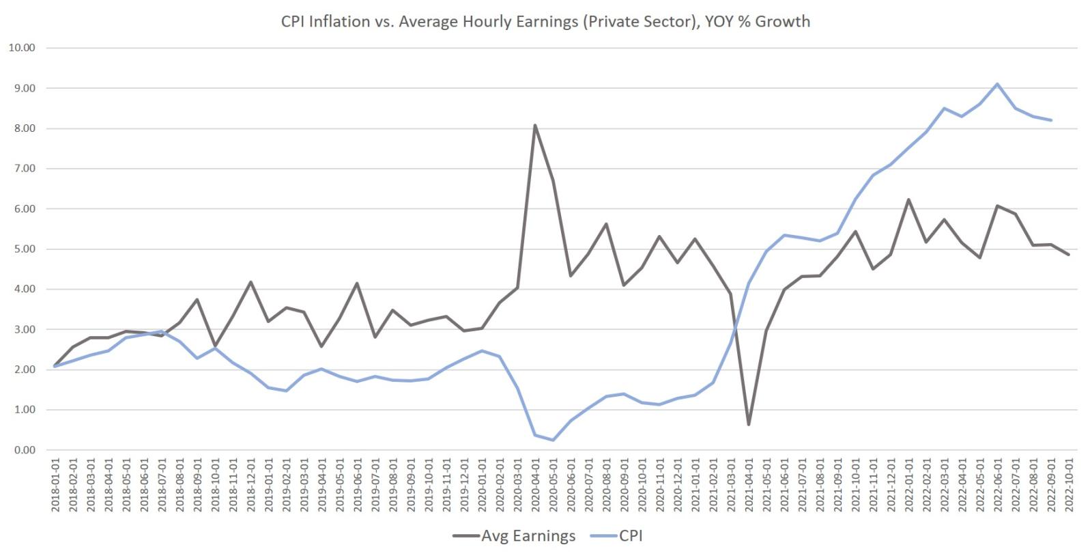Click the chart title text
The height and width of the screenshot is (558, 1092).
[x=545, y=21]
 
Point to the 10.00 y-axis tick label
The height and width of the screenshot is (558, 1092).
[x=22, y=48]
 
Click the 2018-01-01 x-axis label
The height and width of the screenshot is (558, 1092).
[x=55, y=486]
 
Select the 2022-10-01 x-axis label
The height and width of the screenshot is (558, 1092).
[x=1069, y=486]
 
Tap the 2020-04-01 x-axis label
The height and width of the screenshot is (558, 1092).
[x=535, y=486]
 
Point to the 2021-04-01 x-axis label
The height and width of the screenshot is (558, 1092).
[x=749, y=486]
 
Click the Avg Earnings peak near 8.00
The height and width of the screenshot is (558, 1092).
[x=535, y=125]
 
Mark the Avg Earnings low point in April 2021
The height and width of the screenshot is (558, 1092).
[x=749, y=425]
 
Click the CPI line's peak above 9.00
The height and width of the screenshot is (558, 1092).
[x=997, y=84]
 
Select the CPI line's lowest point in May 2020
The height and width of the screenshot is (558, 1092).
[x=553, y=440]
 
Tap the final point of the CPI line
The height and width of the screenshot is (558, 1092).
[x=1051, y=120]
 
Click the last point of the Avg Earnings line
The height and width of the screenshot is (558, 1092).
[x=1069, y=254]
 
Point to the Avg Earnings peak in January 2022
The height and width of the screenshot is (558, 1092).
[x=908, y=199]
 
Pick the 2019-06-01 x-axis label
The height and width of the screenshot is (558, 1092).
[x=357, y=486]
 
